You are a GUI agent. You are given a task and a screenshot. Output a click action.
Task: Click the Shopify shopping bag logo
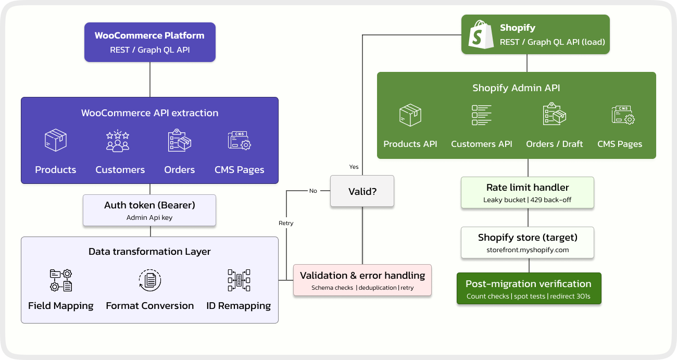(x=481, y=35)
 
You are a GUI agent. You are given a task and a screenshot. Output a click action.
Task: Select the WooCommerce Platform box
(x=150, y=42)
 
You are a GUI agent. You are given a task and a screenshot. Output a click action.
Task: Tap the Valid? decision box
(x=362, y=191)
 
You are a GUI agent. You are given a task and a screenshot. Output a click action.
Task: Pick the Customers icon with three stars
(x=118, y=141)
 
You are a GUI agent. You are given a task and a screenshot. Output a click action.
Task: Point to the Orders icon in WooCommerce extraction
(x=180, y=141)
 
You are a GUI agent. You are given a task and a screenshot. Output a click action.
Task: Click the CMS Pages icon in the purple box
(x=240, y=141)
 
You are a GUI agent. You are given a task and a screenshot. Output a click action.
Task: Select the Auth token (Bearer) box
(x=149, y=210)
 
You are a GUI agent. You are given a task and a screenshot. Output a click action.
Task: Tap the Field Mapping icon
(x=61, y=280)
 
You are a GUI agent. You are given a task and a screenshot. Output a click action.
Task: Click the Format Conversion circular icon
(x=150, y=280)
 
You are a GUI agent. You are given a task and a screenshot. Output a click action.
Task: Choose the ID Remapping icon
(x=239, y=280)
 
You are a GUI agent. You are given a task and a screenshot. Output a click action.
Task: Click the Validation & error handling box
(x=362, y=280)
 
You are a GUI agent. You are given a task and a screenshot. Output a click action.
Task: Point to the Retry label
(x=286, y=223)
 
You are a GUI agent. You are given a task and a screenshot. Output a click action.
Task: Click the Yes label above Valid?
(x=354, y=167)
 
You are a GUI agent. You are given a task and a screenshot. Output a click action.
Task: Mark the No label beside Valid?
(x=313, y=191)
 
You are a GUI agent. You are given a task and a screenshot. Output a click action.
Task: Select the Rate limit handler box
(x=527, y=193)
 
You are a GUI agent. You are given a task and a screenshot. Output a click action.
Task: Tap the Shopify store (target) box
(x=527, y=242)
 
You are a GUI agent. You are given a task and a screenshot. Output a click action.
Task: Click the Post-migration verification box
(x=529, y=289)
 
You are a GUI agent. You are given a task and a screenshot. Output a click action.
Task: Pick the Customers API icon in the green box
(x=482, y=115)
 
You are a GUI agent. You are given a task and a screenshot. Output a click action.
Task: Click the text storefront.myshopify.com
(x=528, y=250)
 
